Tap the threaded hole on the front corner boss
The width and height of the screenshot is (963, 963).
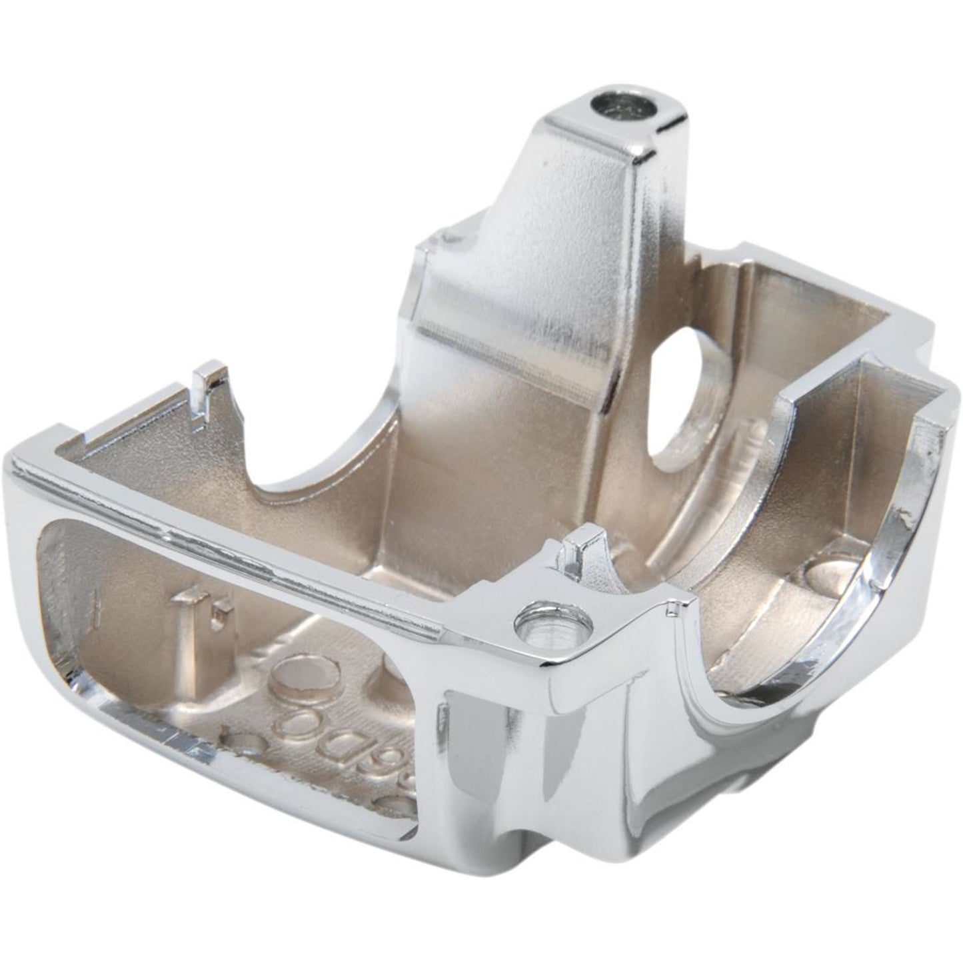pyautogui.click(x=554, y=626)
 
